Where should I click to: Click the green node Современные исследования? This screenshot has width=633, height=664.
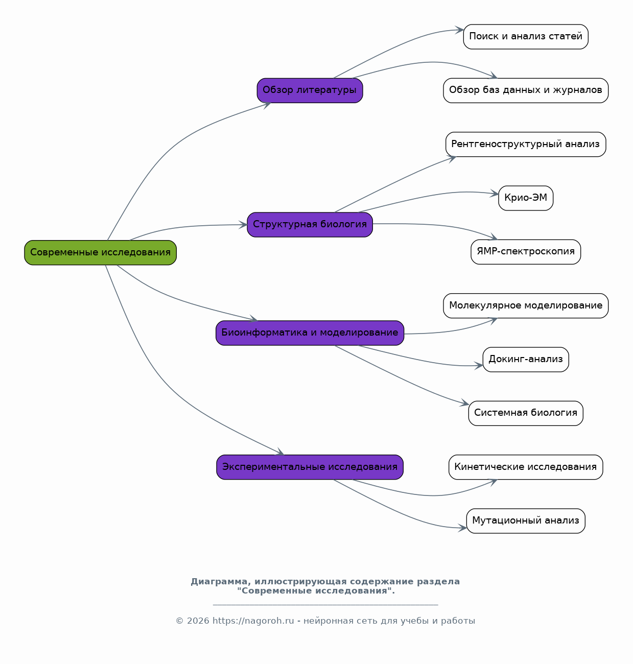click(x=100, y=253)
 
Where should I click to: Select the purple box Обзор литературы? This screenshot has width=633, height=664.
click(x=310, y=90)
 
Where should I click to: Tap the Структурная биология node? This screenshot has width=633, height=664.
click(x=310, y=225)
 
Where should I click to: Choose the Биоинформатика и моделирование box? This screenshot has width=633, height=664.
click(x=310, y=333)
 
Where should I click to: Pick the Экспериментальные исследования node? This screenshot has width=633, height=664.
click(x=310, y=467)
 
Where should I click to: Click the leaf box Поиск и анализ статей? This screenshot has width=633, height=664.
click(x=526, y=37)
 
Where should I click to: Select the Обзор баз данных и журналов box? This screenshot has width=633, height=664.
click(x=526, y=90)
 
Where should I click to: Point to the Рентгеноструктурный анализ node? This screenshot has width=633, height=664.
click(x=526, y=145)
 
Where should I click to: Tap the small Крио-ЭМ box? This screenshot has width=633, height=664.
click(x=526, y=198)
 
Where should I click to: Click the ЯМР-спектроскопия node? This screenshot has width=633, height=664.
click(x=526, y=252)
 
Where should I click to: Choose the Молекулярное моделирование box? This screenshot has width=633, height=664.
click(x=526, y=305)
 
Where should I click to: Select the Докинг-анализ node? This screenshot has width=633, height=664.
click(x=526, y=360)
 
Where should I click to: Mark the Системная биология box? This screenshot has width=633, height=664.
click(x=526, y=413)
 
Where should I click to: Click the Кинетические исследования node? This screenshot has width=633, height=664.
click(x=526, y=467)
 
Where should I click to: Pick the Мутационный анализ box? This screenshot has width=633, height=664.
click(x=526, y=521)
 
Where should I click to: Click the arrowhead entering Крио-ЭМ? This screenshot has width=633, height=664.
click(x=495, y=194)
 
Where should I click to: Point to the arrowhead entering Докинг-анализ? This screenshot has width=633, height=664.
click(x=479, y=365)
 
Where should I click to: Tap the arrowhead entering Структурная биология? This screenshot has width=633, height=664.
click(x=243, y=225)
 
